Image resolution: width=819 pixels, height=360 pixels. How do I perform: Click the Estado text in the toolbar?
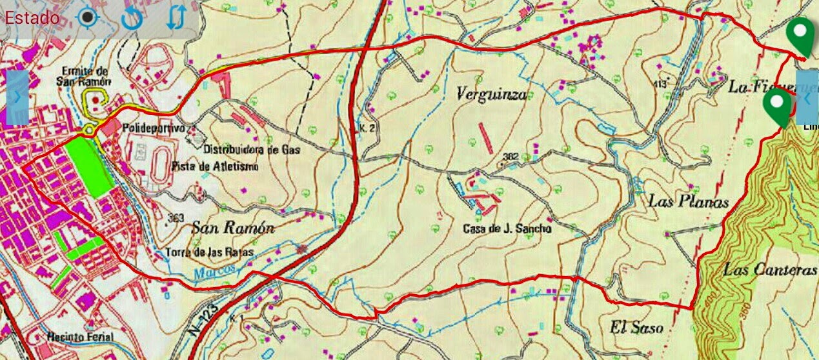(32, 17)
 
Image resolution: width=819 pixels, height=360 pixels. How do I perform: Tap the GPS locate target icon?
(87, 17)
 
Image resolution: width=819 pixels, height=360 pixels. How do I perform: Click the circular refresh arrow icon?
(132, 18)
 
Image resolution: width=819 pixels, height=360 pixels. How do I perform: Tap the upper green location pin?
(802, 36)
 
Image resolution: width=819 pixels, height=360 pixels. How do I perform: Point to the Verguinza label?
(491, 95)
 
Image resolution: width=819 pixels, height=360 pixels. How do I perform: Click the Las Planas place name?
(688, 202)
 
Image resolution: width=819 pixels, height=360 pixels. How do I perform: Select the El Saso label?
(636, 328)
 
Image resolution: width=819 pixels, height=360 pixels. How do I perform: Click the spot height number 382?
(511, 156)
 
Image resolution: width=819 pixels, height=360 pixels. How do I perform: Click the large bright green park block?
(88, 166)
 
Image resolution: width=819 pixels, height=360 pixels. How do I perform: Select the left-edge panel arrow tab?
(17, 97)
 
